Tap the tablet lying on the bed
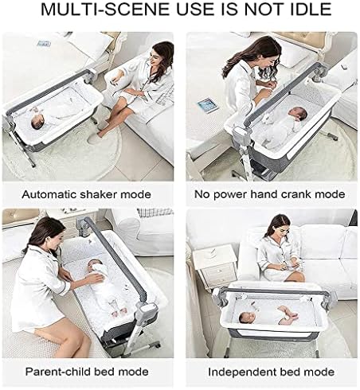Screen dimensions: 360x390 pyautogui.click(x=208, y=105)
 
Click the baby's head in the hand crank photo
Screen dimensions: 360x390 pyautogui.click(x=298, y=114)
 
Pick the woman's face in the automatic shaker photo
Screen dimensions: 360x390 pyautogui.click(x=155, y=58)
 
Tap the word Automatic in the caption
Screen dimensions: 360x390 pyautogui.click(x=49, y=194)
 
